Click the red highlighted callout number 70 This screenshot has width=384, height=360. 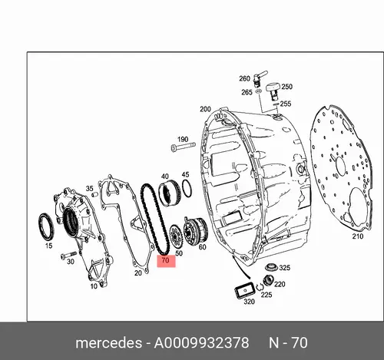click(166, 260)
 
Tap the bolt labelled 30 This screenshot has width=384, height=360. click(68, 255)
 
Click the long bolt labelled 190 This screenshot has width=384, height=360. click(183, 147)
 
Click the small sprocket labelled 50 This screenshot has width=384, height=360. click(176, 236)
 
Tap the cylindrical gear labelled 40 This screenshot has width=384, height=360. click(170, 193)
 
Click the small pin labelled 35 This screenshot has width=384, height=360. click(95, 194)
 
